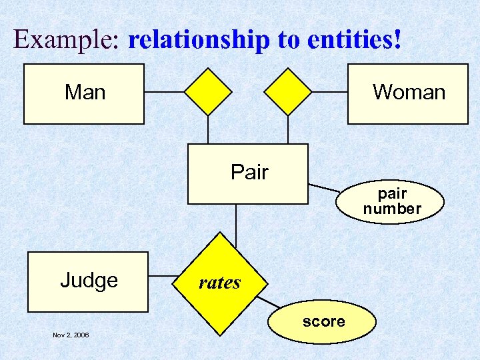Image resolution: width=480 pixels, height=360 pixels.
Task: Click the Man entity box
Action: click(x=84, y=93)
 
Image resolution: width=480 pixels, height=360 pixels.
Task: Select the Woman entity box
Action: click(x=408, y=93)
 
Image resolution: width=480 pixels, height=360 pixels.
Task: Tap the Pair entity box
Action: click(x=248, y=173)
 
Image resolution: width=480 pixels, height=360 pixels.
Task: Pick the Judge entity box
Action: click(x=87, y=281)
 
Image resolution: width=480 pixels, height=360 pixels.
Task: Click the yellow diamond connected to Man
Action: click(x=208, y=91)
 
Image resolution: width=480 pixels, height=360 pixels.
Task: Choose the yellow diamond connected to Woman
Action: click(x=288, y=91)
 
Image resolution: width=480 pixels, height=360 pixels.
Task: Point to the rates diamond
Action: click(x=219, y=283)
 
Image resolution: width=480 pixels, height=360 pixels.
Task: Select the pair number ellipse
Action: click(x=391, y=201)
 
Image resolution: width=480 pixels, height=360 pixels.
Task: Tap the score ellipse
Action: click(x=323, y=322)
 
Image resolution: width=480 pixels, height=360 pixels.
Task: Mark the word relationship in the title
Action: click(x=199, y=40)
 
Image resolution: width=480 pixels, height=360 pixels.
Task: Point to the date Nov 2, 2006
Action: click(x=71, y=335)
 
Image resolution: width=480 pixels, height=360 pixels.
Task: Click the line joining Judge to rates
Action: click(x=162, y=275)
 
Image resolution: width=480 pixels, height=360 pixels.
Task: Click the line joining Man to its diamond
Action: click(x=164, y=91)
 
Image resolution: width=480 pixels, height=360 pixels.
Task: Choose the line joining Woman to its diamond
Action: click(x=329, y=91)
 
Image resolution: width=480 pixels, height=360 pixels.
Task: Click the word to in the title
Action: click(x=289, y=40)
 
